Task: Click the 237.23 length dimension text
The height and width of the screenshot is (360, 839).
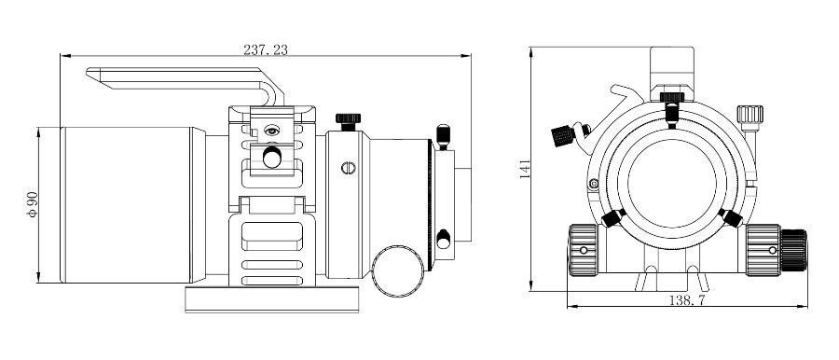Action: point(266,49)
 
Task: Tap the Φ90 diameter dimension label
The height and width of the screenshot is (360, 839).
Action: point(33,204)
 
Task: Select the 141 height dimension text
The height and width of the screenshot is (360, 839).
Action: point(526,169)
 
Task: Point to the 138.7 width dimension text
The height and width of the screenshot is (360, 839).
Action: point(687,300)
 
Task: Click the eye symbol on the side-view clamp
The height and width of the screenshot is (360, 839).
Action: point(272,131)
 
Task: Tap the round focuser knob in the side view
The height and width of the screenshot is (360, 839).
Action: point(397,271)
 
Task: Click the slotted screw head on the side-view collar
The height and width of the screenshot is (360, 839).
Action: point(349,168)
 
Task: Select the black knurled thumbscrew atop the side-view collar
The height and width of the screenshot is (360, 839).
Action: point(349,121)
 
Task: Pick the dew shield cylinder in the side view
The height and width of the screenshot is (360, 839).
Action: point(126,204)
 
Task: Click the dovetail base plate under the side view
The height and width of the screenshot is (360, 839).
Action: point(272,299)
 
